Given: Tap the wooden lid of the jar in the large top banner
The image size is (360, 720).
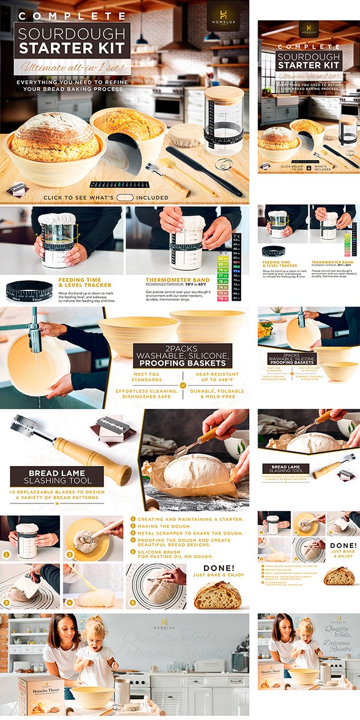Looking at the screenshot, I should pos(224,94).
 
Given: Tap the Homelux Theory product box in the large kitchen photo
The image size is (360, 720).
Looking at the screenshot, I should pos(41,696).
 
